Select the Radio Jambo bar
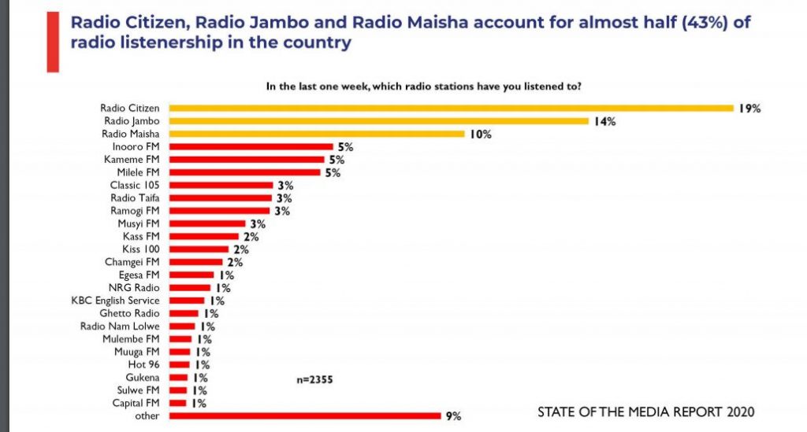[378, 121]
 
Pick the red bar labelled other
[304, 415]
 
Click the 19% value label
[749, 109]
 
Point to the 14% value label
[605, 121]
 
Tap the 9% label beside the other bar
[452, 415]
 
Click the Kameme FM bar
[246, 159]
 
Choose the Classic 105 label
[135, 185]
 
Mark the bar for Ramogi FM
[219, 211]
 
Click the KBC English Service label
[115, 301]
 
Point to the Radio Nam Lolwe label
[120, 326]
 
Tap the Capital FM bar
[178, 403]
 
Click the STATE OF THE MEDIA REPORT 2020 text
[645, 412]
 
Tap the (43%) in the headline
[705, 22]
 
